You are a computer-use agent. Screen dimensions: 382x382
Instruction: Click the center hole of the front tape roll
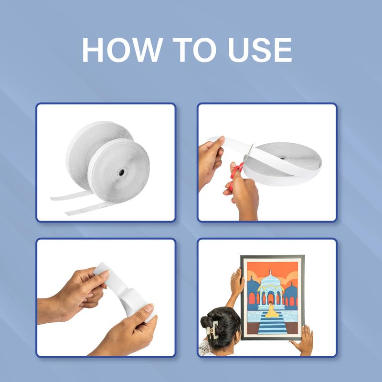121,172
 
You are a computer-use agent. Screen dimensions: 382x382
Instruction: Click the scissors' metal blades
248,153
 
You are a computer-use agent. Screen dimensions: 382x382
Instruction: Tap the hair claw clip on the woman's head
212,329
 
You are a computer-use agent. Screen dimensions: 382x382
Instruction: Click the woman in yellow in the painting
271,310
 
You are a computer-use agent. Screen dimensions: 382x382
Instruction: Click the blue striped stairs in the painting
273,325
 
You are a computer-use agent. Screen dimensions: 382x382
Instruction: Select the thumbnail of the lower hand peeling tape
149,308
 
